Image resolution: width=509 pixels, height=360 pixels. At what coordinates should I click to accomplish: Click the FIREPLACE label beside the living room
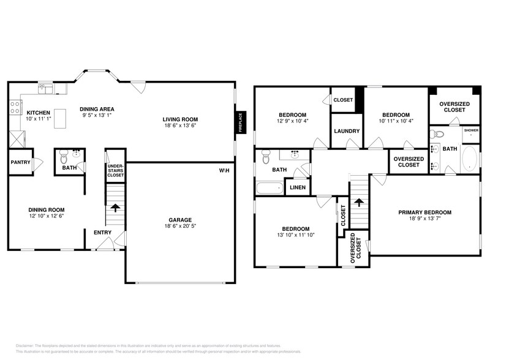[x=240, y=122]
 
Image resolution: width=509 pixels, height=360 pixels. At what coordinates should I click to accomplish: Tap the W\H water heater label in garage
[x=224, y=170]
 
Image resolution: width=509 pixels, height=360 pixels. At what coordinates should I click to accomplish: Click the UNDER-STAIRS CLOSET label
[x=115, y=170]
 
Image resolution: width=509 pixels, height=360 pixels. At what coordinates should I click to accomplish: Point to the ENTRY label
[x=102, y=232]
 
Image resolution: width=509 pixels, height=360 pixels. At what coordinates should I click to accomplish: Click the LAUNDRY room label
[x=346, y=131]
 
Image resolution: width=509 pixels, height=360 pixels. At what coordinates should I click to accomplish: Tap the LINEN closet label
[x=298, y=187]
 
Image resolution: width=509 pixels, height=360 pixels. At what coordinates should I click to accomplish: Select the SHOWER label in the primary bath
[x=470, y=130]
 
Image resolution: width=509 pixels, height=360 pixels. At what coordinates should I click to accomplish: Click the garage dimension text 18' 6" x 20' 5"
[x=181, y=227]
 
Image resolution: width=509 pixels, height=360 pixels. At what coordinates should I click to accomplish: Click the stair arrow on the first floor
[x=115, y=208]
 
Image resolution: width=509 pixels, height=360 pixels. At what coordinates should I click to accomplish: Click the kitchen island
[x=60, y=118]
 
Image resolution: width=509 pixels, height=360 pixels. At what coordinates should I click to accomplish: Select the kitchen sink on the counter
[x=47, y=90]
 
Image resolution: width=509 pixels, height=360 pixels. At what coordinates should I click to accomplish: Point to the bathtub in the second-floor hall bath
[x=270, y=187]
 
